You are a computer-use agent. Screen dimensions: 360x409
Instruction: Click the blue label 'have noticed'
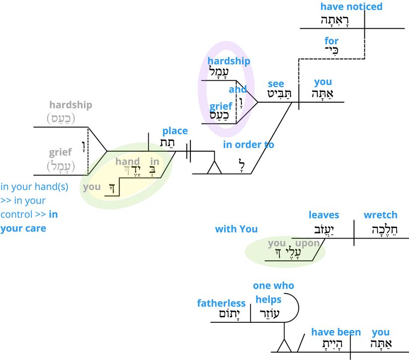(x=351, y=6)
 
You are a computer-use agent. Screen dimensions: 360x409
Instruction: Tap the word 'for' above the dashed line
(x=332, y=41)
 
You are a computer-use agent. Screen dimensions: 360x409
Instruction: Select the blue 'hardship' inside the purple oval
(x=229, y=61)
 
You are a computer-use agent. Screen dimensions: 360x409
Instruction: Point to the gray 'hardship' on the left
(x=70, y=105)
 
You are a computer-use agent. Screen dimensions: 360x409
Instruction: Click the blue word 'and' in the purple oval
(x=237, y=90)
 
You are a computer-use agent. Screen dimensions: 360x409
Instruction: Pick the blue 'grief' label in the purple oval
(x=221, y=106)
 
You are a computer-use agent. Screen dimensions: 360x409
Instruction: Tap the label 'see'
(x=276, y=84)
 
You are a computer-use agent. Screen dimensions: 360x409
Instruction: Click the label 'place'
(x=175, y=131)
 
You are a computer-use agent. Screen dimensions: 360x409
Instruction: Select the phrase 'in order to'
(x=248, y=145)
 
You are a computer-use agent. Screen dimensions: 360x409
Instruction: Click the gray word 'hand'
(x=127, y=162)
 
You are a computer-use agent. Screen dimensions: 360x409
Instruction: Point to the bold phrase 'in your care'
(x=30, y=222)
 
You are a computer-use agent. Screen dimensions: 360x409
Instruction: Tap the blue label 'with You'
(x=236, y=229)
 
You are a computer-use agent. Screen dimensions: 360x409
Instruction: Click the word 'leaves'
(x=324, y=215)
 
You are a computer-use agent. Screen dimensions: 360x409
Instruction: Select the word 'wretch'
(x=380, y=215)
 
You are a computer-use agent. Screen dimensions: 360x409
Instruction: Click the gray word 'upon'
(x=307, y=243)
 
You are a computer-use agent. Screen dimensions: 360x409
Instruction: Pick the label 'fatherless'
(x=221, y=303)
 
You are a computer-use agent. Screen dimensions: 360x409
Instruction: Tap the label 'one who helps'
(x=273, y=293)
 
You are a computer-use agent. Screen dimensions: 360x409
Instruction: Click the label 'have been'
(x=336, y=332)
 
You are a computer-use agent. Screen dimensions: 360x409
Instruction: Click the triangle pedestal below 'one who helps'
(x=284, y=345)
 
